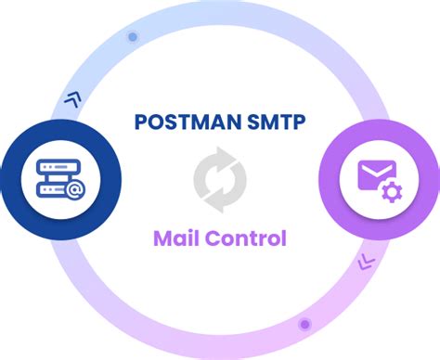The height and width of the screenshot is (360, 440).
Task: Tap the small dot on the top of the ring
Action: click(132, 38)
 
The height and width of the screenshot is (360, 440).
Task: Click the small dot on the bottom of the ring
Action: click(304, 324)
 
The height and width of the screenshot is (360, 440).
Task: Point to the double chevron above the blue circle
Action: click(71, 96)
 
